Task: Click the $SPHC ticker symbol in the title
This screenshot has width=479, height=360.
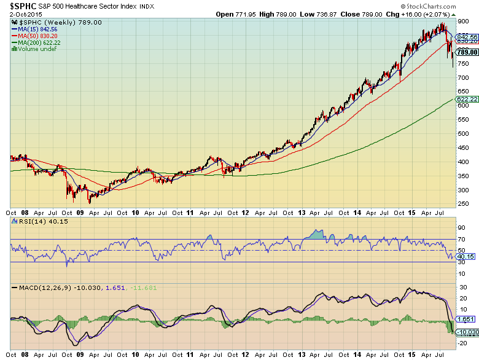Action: click(x=18, y=6)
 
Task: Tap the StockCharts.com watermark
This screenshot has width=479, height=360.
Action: click(x=447, y=6)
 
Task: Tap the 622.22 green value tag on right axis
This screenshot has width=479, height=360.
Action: click(x=467, y=98)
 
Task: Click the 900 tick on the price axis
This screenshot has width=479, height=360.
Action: click(x=462, y=21)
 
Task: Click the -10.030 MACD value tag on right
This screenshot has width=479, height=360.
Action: click(x=469, y=332)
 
